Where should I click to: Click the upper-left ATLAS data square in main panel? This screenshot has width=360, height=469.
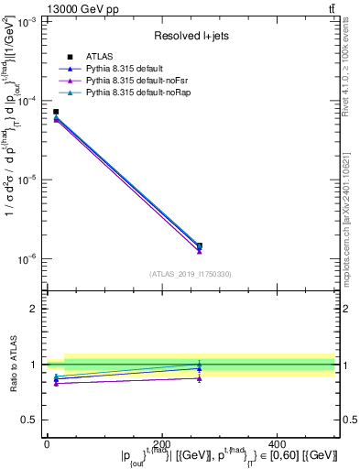click(56, 112)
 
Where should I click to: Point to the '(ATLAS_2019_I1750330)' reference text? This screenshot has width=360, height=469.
click(190, 274)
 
